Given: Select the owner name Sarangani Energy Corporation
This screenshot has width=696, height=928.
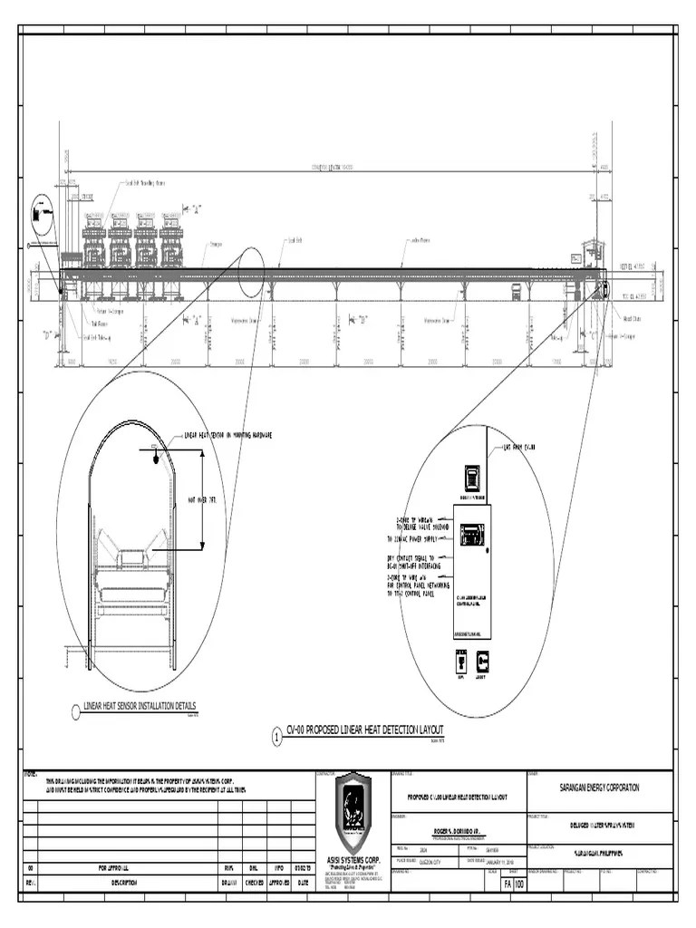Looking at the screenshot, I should pyautogui.click(x=599, y=788).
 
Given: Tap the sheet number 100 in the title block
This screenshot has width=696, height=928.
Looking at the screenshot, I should pyautogui.click(x=519, y=884).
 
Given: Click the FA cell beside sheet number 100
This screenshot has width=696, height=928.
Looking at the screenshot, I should pyautogui.click(x=507, y=884).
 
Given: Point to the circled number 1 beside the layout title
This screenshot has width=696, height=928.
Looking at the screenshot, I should pyautogui.click(x=276, y=738).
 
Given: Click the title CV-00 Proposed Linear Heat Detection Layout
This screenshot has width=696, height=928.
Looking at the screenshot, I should pyautogui.click(x=364, y=730).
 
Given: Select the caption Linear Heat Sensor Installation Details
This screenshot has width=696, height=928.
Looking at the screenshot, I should pyautogui.click(x=139, y=706).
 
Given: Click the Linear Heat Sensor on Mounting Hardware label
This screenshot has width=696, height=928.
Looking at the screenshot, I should pyautogui.click(x=227, y=435).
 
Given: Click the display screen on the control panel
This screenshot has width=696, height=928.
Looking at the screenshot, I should pyautogui.click(x=470, y=535).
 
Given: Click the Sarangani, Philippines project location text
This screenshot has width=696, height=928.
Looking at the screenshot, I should pyautogui.click(x=599, y=854).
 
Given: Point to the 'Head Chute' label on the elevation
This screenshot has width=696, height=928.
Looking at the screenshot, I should pyautogui.click(x=632, y=319).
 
